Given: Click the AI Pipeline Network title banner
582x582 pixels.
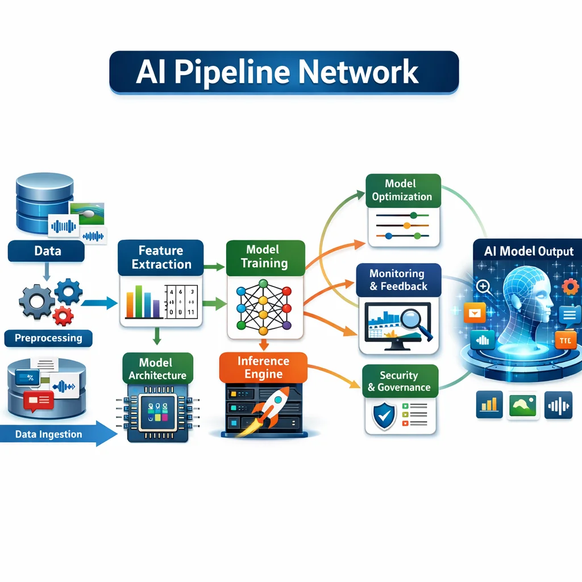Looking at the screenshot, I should click(284, 72).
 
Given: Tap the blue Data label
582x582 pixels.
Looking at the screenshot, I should click(47, 251).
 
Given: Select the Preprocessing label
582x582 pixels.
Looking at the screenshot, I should click(48, 338).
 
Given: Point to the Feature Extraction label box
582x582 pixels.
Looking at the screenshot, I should click(161, 257).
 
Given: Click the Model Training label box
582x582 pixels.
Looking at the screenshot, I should click(265, 256).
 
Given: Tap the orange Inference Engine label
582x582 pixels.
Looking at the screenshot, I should click(263, 368).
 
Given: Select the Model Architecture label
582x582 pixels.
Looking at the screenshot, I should click(157, 368).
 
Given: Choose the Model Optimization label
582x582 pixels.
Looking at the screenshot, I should click(402, 190).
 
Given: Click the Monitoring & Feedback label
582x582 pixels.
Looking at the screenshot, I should click(398, 280).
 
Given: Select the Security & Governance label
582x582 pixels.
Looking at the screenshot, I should click(400, 381).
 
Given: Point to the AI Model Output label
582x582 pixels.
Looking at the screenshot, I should click(529, 251).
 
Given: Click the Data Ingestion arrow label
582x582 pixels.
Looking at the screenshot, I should click(50, 435).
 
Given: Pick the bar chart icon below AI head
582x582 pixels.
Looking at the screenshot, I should click(489, 405).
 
